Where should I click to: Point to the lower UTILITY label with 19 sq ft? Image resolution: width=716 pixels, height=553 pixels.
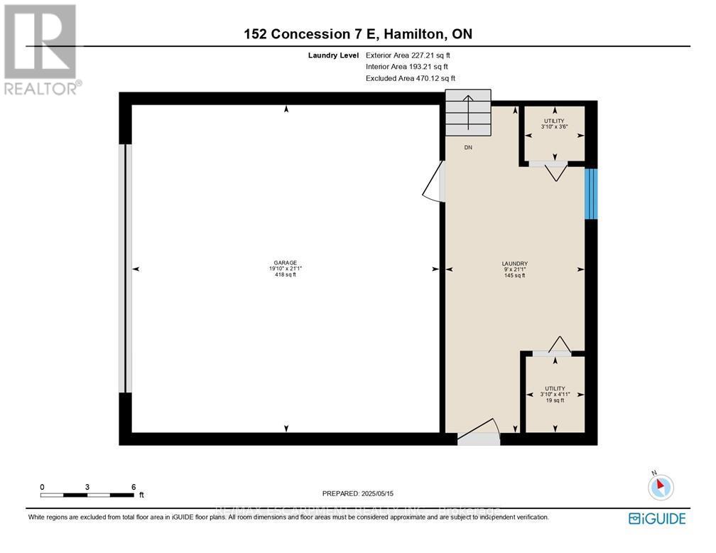555,394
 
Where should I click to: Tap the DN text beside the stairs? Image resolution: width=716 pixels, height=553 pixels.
468,148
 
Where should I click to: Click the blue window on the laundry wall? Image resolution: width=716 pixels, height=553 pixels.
591,194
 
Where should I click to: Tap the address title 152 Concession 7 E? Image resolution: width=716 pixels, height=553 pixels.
358,34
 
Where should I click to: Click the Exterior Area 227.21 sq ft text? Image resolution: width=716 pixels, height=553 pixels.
408,55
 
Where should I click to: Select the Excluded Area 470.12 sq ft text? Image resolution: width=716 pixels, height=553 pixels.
410,79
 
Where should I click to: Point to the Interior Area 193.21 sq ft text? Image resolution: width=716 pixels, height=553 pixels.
407,67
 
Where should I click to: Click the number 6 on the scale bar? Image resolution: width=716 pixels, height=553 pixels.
134,487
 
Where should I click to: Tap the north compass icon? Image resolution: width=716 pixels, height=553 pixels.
660,487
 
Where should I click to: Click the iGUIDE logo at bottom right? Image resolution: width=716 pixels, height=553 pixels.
657,518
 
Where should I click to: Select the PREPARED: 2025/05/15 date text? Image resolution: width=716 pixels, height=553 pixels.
358,493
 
